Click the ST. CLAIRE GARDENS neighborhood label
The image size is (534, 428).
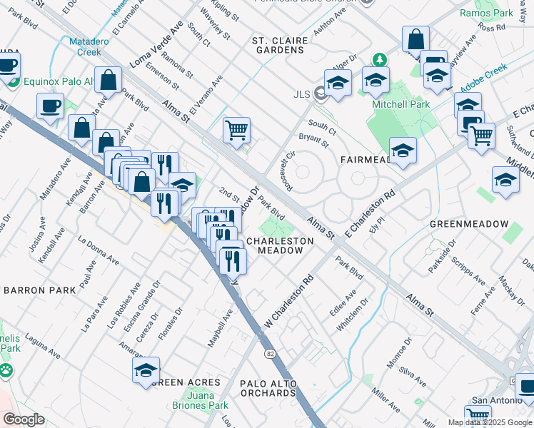tap(278, 45)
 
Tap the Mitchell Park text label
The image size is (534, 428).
tap(401, 104)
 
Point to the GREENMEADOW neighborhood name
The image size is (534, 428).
tap(468, 224)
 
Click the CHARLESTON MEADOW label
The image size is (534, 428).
tap(280, 246)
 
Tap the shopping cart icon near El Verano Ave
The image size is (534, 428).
tap(236, 130)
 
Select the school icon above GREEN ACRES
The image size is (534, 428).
tap(146, 370)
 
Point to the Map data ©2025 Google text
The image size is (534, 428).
tap(489, 422)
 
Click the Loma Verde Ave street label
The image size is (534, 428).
tap(156, 45)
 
